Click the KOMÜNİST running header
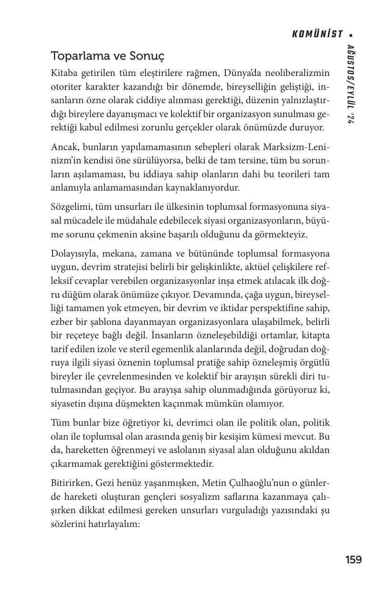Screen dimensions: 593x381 (317, 34)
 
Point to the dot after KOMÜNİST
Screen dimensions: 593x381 (351, 34)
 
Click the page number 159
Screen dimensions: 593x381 (353, 560)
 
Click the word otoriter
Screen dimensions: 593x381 (65, 86)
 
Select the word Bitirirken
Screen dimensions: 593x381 (70, 483)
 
